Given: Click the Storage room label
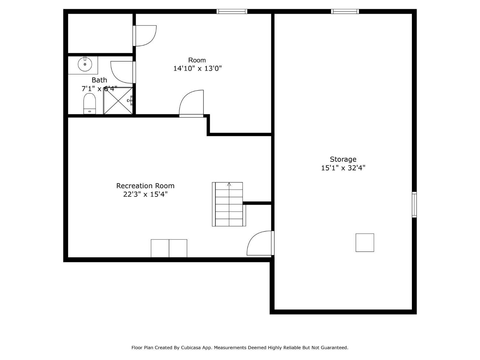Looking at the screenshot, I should (x=343, y=159).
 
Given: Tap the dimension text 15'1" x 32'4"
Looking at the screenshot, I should (x=343, y=168).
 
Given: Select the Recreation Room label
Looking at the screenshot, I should (x=145, y=186).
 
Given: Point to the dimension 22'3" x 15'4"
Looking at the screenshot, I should (x=145, y=194).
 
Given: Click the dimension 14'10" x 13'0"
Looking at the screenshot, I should (x=197, y=68).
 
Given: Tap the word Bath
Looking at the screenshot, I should (x=99, y=80).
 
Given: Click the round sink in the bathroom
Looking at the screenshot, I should (x=85, y=64).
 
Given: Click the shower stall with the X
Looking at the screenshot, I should (x=118, y=101).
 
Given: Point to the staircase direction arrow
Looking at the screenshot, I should (x=229, y=184).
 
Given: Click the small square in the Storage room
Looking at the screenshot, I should (x=365, y=243).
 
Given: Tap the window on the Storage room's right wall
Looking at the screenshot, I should (x=414, y=205).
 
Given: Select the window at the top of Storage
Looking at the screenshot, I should (x=345, y=12).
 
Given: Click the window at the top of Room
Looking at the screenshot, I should (x=232, y=12).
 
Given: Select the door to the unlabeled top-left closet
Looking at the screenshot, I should (x=145, y=36).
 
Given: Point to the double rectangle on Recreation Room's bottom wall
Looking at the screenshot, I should (x=169, y=248).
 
